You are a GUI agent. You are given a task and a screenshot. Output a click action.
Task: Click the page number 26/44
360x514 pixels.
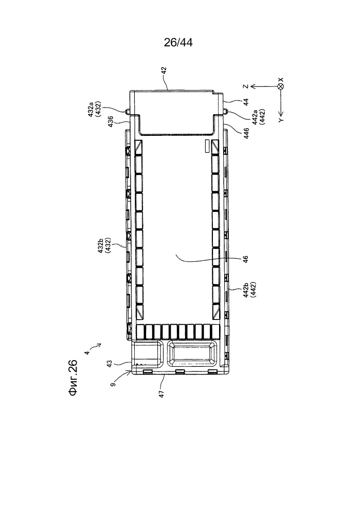pyautogui.click(x=178, y=42)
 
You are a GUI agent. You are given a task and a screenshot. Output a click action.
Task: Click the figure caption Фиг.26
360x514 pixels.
pyautogui.click(x=73, y=378)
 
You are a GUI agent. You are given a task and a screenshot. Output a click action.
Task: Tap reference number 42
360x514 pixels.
pyautogui.click(x=164, y=71)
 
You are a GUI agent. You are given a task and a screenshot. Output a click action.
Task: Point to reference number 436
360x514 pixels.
pyautogui.click(x=111, y=121)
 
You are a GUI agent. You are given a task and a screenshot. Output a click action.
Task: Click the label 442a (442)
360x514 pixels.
pyautogui.click(x=258, y=116)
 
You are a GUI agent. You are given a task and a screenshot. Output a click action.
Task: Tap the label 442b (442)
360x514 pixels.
pyautogui.click(x=249, y=290)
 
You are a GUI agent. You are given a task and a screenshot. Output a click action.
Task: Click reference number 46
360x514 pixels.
pyautogui.click(x=246, y=259)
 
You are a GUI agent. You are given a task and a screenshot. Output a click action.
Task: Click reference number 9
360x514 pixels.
pyautogui.click(x=112, y=383)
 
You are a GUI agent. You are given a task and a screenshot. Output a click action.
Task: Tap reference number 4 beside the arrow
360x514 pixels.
pyautogui.click(x=86, y=352)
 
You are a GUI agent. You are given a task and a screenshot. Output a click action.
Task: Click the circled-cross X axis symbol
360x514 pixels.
pyautogui.click(x=280, y=86)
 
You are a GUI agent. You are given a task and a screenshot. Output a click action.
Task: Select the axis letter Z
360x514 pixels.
pyautogui.click(x=245, y=86)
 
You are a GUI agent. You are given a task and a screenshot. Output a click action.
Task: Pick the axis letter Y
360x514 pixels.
pyautogui.click(x=281, y=120)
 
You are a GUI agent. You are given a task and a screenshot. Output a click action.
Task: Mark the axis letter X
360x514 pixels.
pyautogui.click(x=281, y=80)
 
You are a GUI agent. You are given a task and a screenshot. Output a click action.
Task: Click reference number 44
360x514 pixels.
pyautogui.click(x=246, y=102)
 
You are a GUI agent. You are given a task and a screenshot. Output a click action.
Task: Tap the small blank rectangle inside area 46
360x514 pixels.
pyautogui.click(x=207, y=146)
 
